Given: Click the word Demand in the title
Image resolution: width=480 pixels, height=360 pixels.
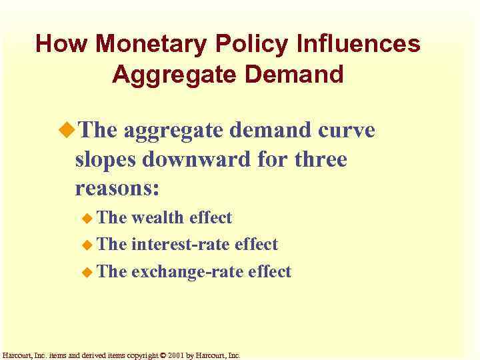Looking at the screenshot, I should [x=291, y=74].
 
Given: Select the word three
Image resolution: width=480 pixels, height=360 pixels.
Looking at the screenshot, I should [x=316, y=159].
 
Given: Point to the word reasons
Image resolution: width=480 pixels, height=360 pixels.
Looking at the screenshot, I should [x=117, y=189].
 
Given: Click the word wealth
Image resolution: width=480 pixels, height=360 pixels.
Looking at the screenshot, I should [x=158, y=217].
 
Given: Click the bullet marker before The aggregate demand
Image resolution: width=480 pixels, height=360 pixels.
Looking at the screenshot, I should [x=69, y=130].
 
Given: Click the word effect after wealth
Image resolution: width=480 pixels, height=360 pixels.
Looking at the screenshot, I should [x=211, y=217].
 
